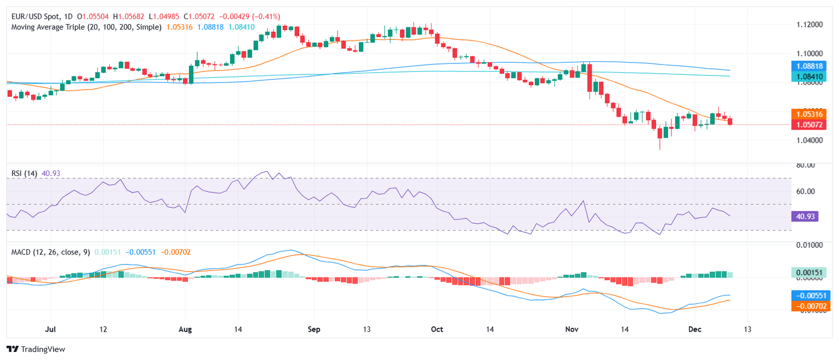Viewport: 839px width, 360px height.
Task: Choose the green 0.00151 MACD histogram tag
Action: [810, 272]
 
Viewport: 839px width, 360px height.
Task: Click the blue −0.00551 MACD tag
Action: [810, 295]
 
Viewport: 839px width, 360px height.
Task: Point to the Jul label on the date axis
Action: [50, 330]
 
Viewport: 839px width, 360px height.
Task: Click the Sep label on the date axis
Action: [314, 330]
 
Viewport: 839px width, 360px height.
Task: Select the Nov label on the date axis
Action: [572, 330]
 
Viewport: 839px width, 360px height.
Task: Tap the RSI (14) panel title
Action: [25, 173]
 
